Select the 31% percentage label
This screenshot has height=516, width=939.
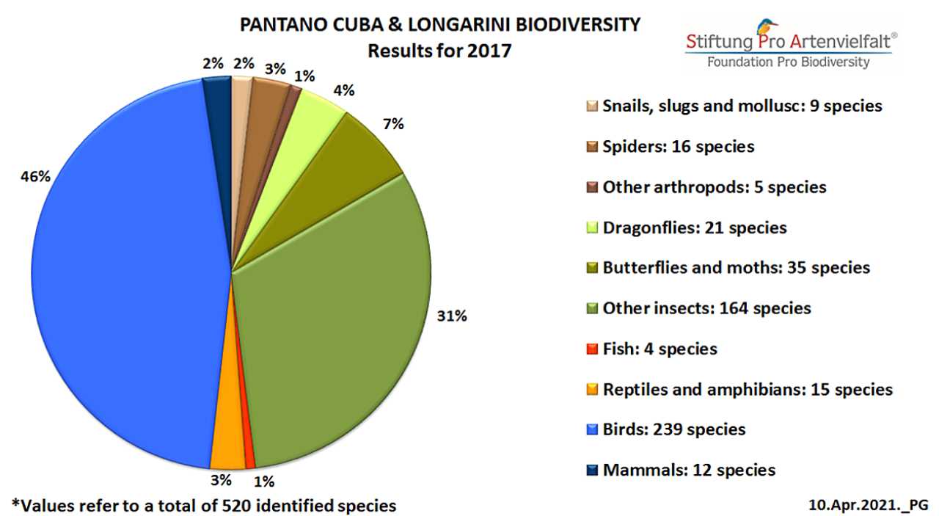click(x=452, y=316)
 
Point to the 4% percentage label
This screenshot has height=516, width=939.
click(x=343, y=90)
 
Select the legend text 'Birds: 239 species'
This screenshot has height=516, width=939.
click(x=673, y=429)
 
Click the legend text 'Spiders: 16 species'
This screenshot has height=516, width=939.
click(x=678, y=147)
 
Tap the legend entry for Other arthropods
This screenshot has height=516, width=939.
click(x=714, y=187)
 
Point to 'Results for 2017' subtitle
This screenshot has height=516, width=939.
click(x=439, y=51)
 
